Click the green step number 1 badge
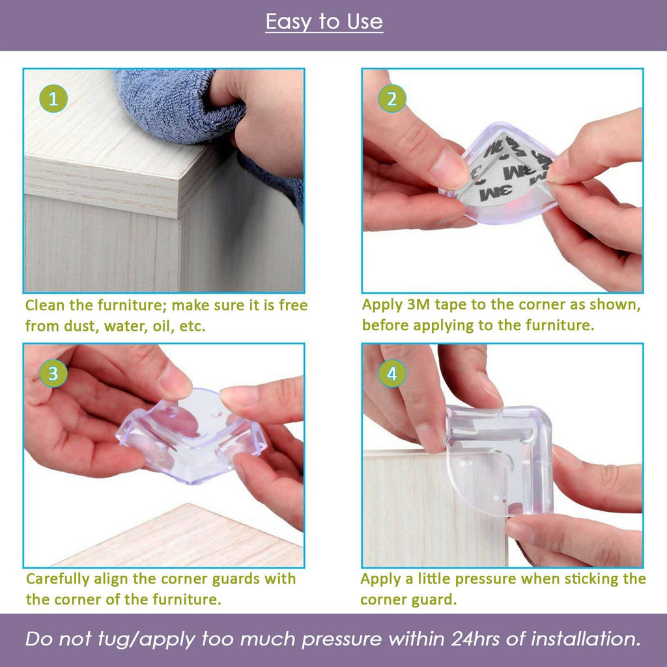53,99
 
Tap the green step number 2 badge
392,99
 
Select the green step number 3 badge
53,374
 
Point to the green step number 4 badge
392,374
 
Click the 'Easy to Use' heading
324,22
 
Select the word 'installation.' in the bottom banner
586,639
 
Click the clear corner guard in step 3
192,433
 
